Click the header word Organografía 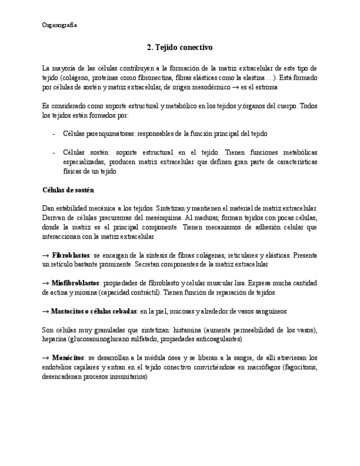[x=59, y=25]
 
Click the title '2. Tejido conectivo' [x=180, y=48]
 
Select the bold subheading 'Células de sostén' [x=68, y=190]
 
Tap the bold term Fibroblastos [x=72, y=256]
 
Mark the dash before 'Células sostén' [x=53, y=152]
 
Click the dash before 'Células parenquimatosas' [x=53, y=133]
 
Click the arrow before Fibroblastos [x=46, y=256]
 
